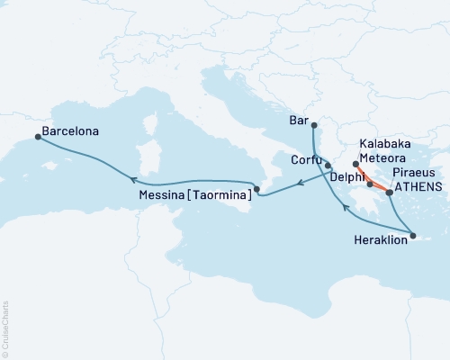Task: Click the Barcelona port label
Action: click(72, 130)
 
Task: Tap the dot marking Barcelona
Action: click(38, 137)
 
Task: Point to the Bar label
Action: click(300, 118)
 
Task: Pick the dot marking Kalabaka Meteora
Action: click(355, 165)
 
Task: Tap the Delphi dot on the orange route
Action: click(370, 184)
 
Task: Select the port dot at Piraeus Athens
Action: click(389, 191)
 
